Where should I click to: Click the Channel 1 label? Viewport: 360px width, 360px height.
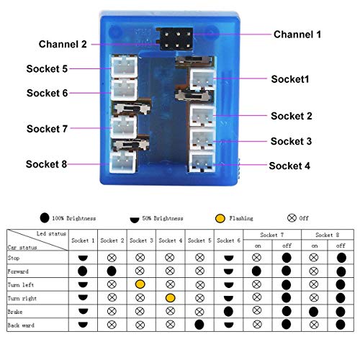point(297,35)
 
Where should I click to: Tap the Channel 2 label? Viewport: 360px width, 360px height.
point(63,44)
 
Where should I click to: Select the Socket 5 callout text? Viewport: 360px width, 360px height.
point(47,69)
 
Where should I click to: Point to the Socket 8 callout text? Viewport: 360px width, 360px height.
point(46,164)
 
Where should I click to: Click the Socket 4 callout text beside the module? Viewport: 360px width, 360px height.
point(289,166)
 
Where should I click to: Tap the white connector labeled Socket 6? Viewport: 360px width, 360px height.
point(124,89)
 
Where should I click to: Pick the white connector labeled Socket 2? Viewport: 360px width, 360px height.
point(202,116)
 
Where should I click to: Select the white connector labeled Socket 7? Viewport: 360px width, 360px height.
point(124,127)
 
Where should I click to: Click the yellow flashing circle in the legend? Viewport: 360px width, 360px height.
point(220,218)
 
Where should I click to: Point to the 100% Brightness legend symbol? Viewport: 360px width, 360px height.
point(45,218)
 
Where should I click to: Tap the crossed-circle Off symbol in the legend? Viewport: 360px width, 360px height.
point(292,218)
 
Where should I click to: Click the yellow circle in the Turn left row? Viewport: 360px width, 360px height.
point(140,284)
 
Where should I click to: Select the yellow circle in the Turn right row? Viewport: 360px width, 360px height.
point(171,298)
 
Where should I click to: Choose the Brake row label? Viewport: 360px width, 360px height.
point(15,312)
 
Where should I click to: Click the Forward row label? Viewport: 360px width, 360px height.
point(18,271)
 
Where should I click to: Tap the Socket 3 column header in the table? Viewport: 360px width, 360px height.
point(141,240)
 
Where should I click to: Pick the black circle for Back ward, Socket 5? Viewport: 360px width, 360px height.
point(199,325)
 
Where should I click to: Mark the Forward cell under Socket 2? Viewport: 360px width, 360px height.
point(112,271)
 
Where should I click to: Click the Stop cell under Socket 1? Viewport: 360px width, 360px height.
point(83,258)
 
